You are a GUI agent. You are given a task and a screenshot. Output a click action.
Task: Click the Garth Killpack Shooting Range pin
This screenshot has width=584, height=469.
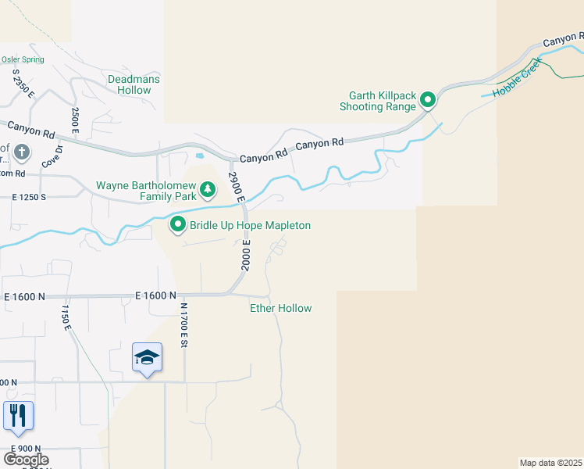click(x=428, y=100)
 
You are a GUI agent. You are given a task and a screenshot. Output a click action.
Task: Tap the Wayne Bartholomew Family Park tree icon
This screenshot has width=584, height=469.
click(x=208, y=188)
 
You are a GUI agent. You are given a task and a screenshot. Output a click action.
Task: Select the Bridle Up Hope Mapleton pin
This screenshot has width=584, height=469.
click(x=178, y=226)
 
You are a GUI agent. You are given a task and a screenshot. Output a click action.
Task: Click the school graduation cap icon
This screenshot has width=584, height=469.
click(x=147, y=358)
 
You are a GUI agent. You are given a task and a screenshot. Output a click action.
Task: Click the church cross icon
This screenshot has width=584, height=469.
click(x=23, y=152)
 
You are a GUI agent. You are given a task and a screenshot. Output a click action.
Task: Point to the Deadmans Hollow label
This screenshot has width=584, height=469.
click(x=129, y=84)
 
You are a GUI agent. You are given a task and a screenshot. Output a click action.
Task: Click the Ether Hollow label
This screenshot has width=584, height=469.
click(x=280, y=308)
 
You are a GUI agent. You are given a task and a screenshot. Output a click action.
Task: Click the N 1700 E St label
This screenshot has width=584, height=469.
click(x=185, y=325)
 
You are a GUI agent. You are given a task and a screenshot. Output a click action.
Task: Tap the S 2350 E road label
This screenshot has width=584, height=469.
click(x=24, y=84)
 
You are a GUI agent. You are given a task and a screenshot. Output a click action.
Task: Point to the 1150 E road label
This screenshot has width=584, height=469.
click(x=66, y=317)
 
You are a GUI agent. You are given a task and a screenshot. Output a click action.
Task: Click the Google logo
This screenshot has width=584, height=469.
click(x=26, y=460)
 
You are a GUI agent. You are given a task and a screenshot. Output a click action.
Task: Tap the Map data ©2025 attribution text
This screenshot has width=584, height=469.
click(x=551, y=463)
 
